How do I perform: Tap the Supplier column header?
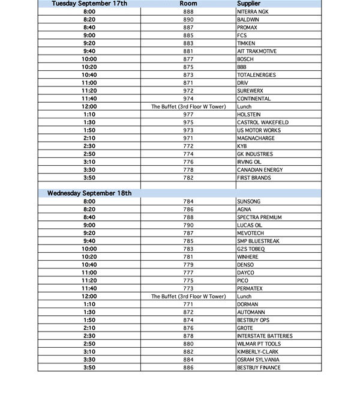pos(248,4)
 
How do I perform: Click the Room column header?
pos(188,4)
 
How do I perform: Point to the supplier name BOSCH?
pos(245,59)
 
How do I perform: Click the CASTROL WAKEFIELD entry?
pos(262,123)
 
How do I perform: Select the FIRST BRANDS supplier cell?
pos(254,178)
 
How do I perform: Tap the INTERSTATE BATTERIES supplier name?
pos(265,336)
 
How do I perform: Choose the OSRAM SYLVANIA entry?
pos(258,360)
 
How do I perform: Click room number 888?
pos(188,12)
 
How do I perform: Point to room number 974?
pos(188,98)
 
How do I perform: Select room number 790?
pos(188,225)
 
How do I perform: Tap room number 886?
pos(188,368)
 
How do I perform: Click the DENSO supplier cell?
pos(245,265)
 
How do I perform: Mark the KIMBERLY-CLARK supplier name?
pos(259,352)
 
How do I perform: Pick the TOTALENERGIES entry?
pos(256,75)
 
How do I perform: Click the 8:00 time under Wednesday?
pos(89,201)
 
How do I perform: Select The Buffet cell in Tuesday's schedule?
pos(188,106)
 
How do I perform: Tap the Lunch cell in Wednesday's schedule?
pos(244,296)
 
